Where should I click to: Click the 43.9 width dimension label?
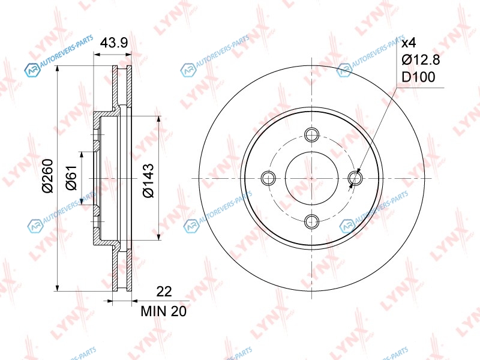click(114, 43)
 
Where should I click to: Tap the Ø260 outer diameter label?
click(48, 176)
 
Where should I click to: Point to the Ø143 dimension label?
click(148, 181)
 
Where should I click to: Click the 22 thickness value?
click(164, 292)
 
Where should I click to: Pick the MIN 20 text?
click(163, 311)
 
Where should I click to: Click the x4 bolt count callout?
click(409, 43)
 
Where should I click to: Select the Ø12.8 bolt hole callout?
click(421, 59)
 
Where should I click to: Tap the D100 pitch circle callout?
click(418, 77)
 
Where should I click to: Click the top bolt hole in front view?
click(312, 134)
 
